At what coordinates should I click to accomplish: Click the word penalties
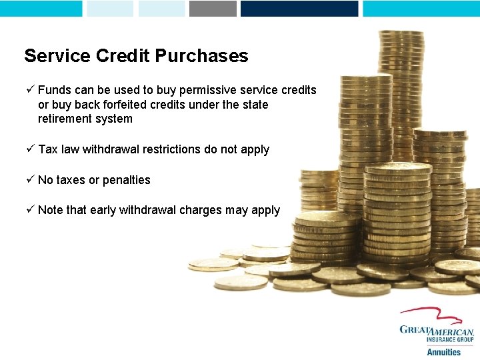tap(127, 180)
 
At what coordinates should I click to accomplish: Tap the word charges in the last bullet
tap(200, 210)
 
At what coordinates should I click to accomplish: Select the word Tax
tap(48, 149)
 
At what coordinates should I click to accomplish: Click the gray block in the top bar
tap(213, 8)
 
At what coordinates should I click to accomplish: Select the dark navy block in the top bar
tap(299, 8)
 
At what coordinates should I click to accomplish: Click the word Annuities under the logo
tap(443, 352)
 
